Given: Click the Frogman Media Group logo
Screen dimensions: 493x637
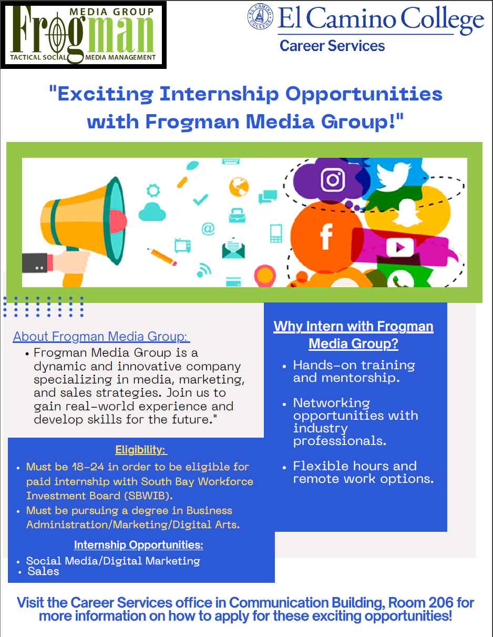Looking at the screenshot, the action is (x=84, y=35).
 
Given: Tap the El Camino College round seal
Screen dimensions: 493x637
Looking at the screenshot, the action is (x=260, y=16).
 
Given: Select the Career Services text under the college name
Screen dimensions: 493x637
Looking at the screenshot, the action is (x=332, y=46).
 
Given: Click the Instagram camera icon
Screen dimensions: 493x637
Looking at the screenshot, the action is (x=333, y=180).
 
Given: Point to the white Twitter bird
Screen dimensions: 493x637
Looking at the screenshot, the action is (x=393, y=176).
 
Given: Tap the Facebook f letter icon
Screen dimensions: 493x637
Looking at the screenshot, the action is (x=326, y=236).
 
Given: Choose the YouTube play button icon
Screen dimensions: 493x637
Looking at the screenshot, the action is (x=400, y=248).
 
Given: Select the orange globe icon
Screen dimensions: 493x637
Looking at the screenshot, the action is (x=239, y=187).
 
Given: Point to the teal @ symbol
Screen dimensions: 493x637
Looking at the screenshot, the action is (x=208, y=228).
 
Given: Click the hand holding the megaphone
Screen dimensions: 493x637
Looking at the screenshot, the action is (x=71, y=262).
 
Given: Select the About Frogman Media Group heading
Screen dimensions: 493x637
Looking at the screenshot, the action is (x=101, y=337).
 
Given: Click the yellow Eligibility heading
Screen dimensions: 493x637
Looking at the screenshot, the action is (x=141, y=450).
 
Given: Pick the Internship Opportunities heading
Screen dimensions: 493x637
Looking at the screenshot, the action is (x=139, y=544).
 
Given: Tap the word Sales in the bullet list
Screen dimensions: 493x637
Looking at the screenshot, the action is (x=43, y=571).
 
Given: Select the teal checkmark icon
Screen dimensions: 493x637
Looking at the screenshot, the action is (x=201, y=200).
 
